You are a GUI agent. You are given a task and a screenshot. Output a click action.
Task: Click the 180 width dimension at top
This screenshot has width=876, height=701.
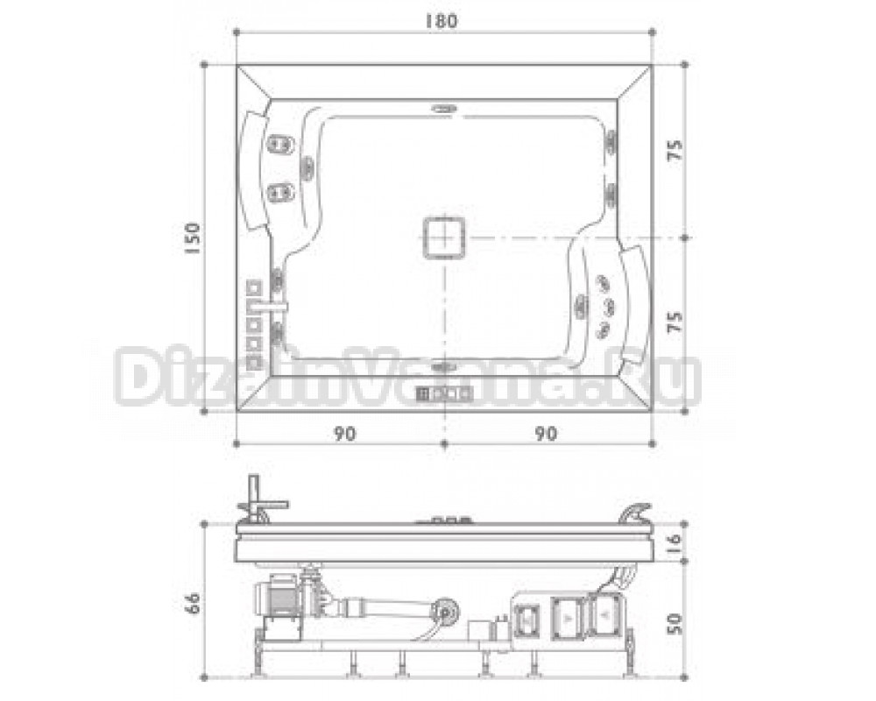[442, 21]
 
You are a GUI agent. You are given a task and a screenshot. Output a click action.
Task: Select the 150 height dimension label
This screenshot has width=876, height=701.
[192, 238]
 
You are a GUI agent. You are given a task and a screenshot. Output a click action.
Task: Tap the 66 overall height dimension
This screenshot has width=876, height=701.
[192, 603]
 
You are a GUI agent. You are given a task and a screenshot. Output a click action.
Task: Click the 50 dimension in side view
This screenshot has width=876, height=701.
[675, 623]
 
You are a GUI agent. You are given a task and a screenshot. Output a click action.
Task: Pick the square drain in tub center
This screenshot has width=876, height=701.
[444, 237]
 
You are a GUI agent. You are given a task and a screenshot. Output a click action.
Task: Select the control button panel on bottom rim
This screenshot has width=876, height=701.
[445, 393]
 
